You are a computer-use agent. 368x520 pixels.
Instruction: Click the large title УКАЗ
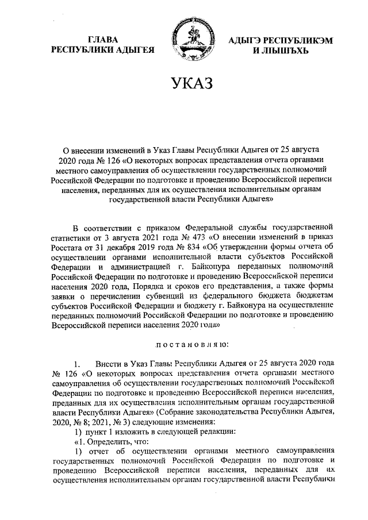(x=184, y=84)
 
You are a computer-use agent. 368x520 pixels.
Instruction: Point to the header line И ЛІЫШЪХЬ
(x=281, y=51)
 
